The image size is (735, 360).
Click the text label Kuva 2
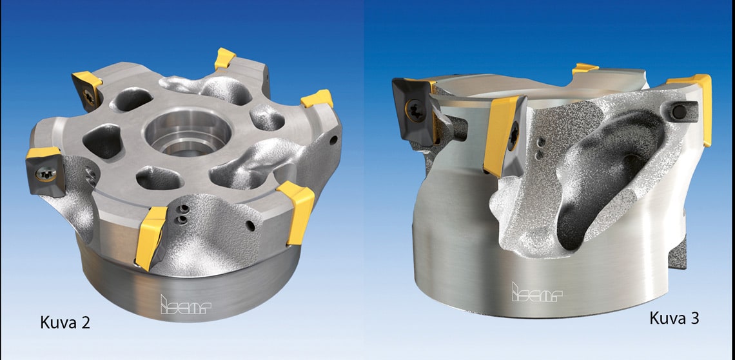click(65, 323)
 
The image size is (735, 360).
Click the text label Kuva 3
click(674, 318)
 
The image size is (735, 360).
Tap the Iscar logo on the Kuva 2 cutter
click(186, 305)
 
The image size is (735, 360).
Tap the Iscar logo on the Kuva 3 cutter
click(536, 292)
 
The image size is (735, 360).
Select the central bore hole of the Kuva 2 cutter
click(188, 132)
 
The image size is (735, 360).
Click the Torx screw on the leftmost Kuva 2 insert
click(46, 174)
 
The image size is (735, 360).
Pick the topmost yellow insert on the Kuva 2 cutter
click(225, 59)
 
